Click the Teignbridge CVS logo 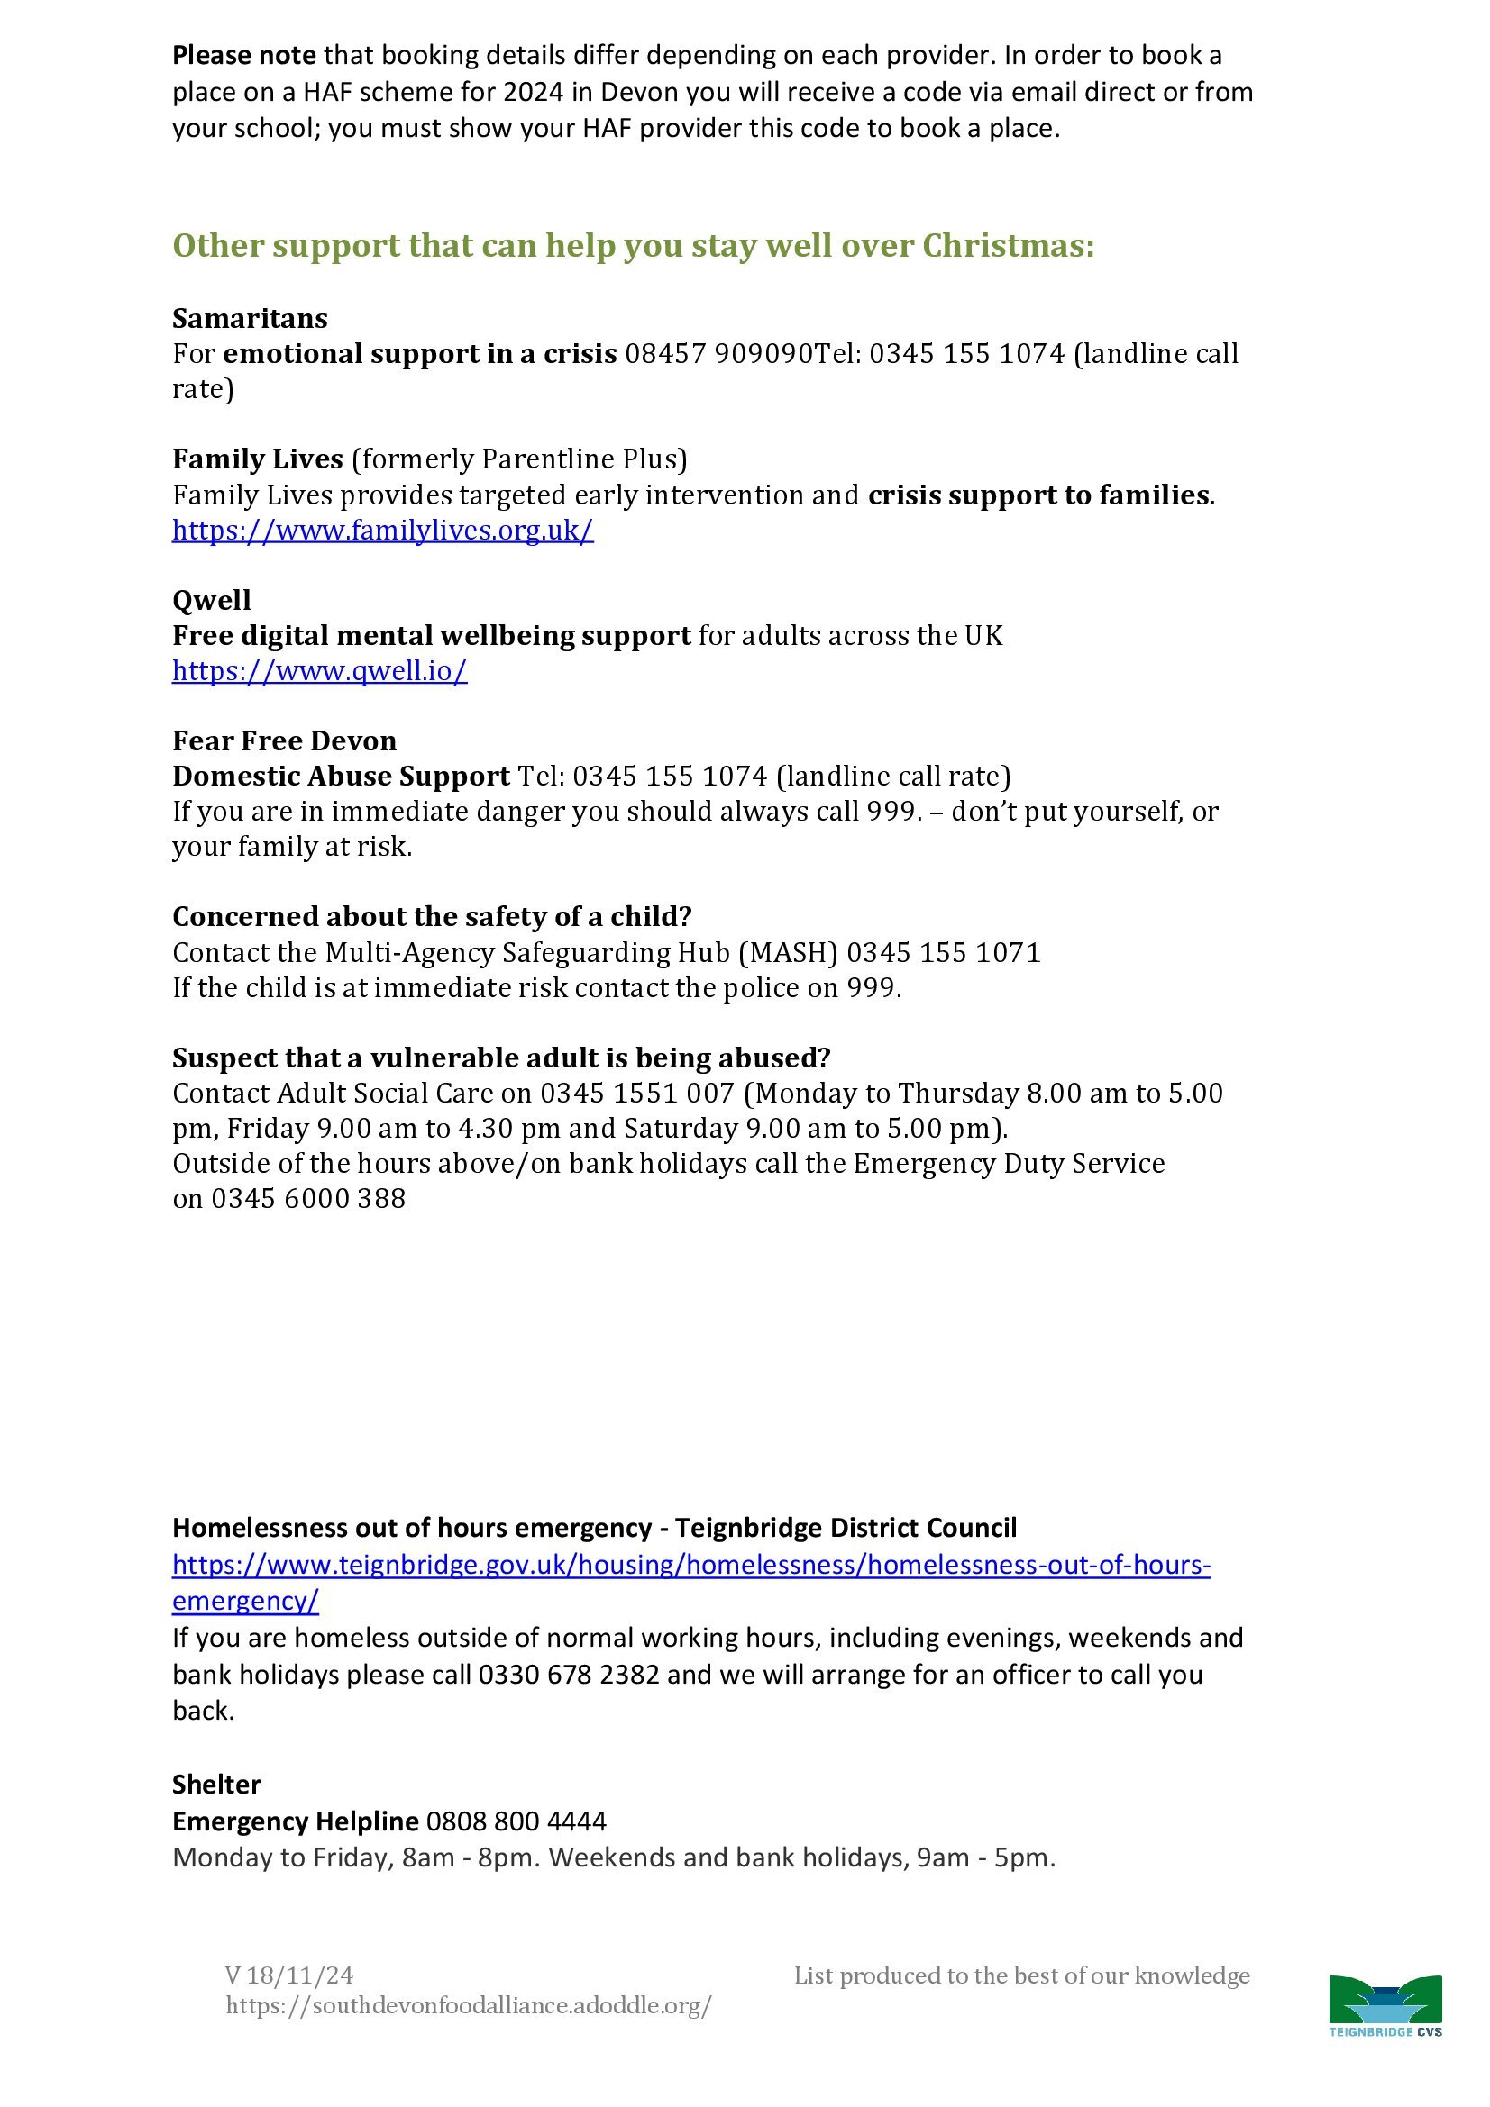pos(1385,2006)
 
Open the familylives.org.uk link pos(383,531)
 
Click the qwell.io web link pos(319,671)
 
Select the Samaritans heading pos(250,318)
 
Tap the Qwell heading pos(211,600)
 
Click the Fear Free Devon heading pos(285,740)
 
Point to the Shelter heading pos(216,1785)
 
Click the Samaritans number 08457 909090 pos(718,354)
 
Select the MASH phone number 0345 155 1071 pos(944,952)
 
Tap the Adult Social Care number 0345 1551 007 pos(637,1093)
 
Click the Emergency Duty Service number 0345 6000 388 pos(308,1198)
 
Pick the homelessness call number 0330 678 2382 pos(569,1675)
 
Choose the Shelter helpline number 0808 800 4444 pos(516,1821)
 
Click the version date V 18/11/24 pos(289,1975)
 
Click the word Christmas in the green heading pos(1008,246)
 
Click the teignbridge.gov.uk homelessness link pos(691,1565)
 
